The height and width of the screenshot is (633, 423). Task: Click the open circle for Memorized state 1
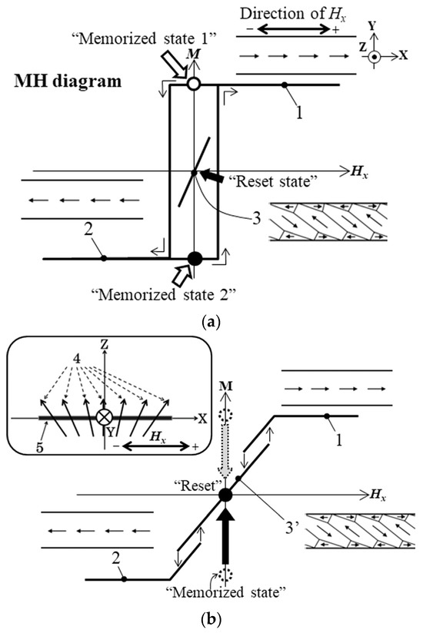click(194, 85)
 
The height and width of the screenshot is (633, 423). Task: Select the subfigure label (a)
click(210, 323)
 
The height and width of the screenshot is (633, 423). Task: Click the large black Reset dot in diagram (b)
click(225, 494)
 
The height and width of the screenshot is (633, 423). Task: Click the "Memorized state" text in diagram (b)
click(225, 593)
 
